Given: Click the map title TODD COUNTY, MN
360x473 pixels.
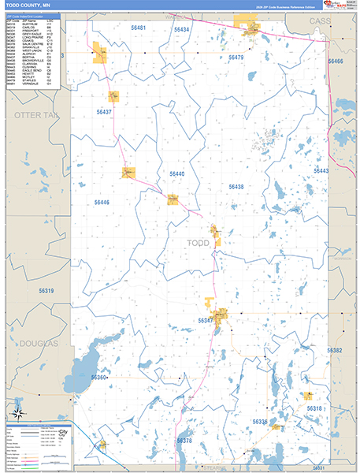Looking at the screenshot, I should tap(24, 6).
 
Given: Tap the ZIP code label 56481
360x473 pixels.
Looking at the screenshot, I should tap(139, 28).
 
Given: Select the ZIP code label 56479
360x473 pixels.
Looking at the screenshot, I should tap(236, 58).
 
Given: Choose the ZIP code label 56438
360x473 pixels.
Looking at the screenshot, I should tap(236, 187).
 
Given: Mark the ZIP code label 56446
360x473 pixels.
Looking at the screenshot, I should tap(102, 203).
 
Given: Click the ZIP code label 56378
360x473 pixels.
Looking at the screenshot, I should tap(184, 441).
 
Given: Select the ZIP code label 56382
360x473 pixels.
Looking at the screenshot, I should tap(334, 350).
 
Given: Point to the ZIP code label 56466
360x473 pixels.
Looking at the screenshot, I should tap(336, 61).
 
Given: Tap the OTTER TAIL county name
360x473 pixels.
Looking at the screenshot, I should tap(35, 116).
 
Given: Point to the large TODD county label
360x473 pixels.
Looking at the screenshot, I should tap(197, 244).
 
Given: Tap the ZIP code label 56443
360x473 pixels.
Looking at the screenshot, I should tap(321, 171).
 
